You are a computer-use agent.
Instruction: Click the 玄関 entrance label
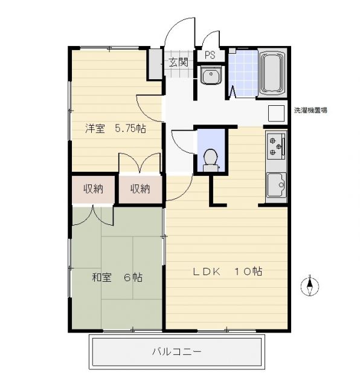179,62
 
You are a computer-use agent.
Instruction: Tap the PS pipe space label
210,55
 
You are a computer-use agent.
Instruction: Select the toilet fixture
210,160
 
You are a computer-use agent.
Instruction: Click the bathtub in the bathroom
272,73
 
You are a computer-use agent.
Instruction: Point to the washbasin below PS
211,75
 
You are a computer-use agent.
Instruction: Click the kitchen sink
277,185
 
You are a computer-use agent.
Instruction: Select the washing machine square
276,113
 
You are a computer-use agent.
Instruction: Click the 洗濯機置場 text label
310,110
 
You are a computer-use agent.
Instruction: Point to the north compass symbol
310,286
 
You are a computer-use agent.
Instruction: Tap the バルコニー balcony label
176,351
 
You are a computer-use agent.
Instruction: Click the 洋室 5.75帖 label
115,129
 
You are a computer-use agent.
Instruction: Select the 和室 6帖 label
117,278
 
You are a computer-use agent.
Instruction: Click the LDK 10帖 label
227,272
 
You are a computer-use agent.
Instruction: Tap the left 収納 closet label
93,189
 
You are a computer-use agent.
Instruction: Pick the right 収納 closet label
140,189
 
